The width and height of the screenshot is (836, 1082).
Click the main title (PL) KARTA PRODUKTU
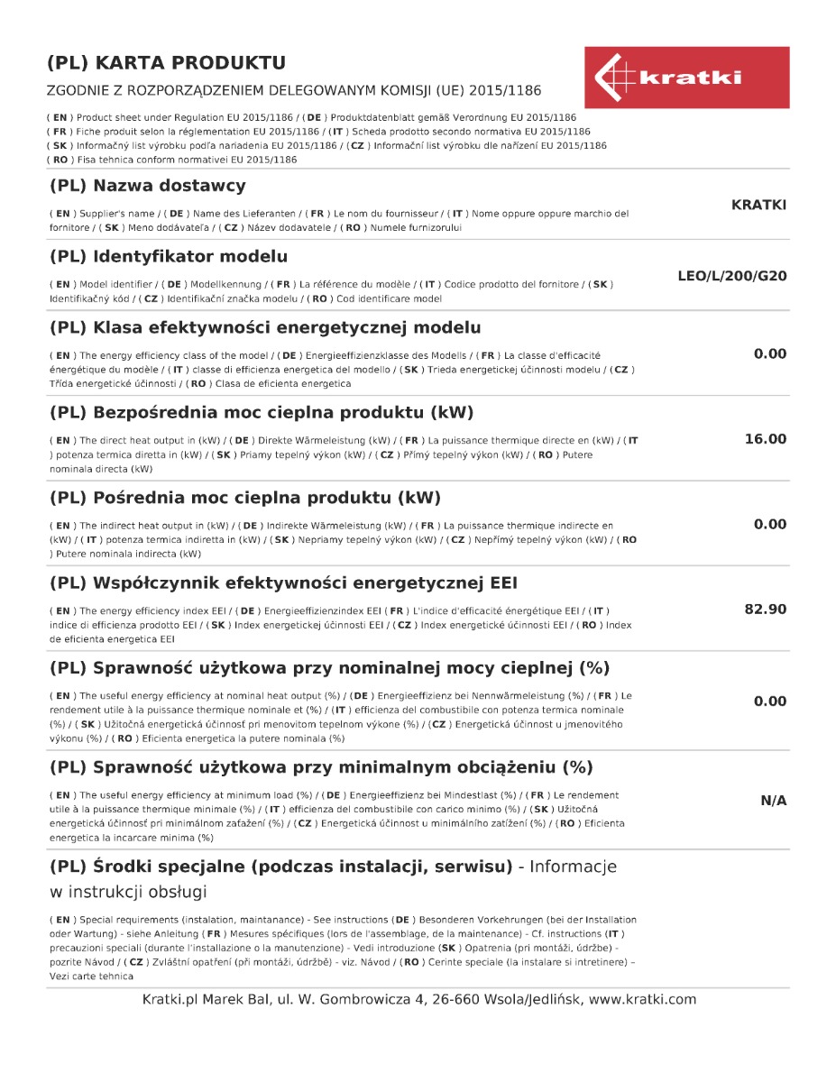tap(167, 63)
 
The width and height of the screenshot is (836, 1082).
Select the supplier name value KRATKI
tap(758, 206)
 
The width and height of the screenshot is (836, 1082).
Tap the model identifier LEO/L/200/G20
tap(731, 276)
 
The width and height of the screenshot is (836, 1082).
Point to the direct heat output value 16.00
tap(765, 439)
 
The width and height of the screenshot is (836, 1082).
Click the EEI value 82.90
tap(765, 610)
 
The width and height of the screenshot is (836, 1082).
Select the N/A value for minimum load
tap(773, 801)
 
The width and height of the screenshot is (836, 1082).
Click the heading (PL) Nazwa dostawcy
tap(148, 187)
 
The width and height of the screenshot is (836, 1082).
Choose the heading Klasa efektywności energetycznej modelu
tap(265, 327)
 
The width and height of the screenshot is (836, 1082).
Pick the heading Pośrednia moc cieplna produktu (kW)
tap(245, 498)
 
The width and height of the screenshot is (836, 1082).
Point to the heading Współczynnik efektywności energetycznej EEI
tap(283, 582)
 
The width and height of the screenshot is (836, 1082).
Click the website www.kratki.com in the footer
tap(642, 999)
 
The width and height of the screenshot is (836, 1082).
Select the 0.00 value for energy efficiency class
tap(770, 354)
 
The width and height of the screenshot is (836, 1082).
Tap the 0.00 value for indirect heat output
tap(770, 525)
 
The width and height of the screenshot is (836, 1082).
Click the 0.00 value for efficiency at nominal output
tap(770, 701)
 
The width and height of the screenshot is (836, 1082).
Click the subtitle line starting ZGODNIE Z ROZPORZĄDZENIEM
tap(294, 91)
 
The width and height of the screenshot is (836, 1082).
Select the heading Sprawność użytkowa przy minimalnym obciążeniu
tap(321, 768)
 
